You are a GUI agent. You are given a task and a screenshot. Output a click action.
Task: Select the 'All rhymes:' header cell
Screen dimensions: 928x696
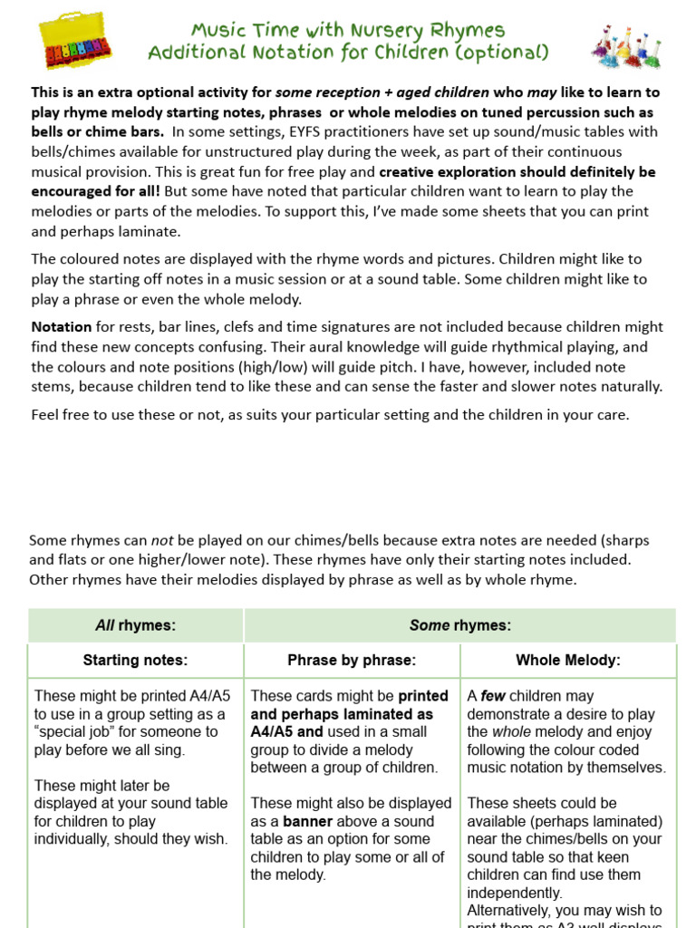pos(136,625)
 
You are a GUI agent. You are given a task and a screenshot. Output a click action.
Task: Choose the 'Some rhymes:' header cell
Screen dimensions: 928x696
pos(460,625)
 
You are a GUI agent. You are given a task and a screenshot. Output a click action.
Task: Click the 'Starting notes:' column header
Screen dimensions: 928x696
pos(136,661)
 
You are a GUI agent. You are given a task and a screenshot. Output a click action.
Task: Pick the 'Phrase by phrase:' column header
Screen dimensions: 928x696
pos(352,661)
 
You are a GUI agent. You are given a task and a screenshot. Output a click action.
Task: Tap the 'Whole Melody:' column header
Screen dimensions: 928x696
pos(568,661)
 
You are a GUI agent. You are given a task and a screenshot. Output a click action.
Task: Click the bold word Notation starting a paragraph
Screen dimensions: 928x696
pos(62,326)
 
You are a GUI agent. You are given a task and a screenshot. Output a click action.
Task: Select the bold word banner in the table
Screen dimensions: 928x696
pos(308,821)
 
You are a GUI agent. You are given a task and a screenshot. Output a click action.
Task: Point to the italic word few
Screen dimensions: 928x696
pos(493,696)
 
